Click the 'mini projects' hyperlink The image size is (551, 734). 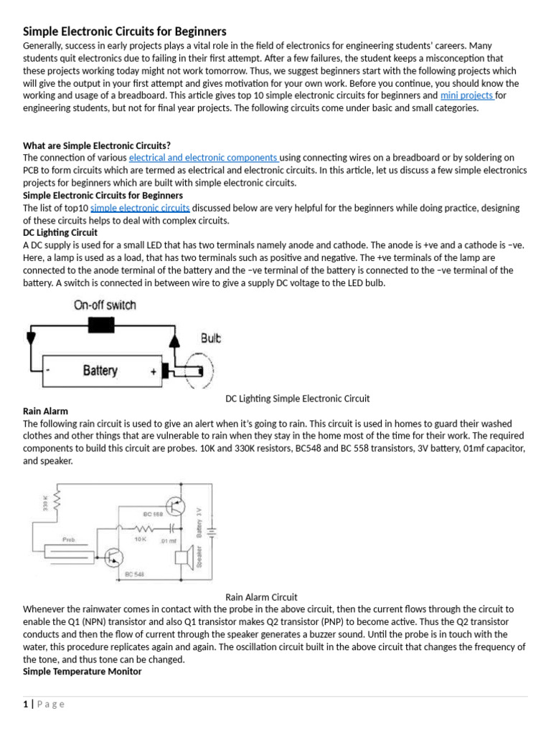point(467,95)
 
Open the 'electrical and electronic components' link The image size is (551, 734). point(203,157)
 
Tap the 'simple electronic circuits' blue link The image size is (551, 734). point(140,208)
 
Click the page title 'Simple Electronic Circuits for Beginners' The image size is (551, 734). point(125,32)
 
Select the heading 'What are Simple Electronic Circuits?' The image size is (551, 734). point(97,145)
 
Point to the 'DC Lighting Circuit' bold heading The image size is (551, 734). point(60,233)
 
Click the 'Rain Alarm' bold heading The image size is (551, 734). point(45,411)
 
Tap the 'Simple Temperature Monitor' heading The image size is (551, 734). point(83,672)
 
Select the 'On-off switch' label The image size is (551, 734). point(105,305)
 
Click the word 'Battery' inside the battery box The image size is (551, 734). point(100,371)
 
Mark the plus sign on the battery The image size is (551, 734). point(153,371)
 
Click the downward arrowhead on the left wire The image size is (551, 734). point(29,337)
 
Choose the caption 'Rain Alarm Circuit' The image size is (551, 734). point(261,597)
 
